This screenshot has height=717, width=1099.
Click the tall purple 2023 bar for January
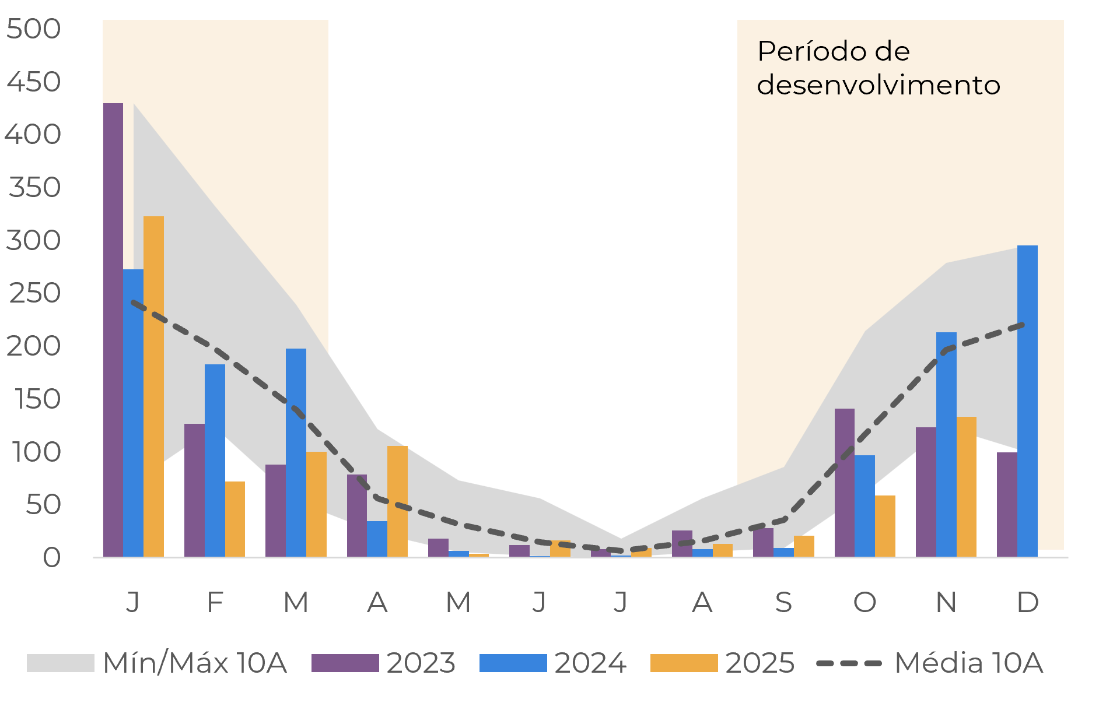[x=113, y=329]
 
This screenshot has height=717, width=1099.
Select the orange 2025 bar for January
[x=153, y=386]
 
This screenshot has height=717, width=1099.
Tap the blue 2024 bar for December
[x=1027, y=401]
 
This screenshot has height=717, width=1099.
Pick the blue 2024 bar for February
[x=215, y=461]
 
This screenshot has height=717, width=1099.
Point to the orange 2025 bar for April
[x=397, y=501]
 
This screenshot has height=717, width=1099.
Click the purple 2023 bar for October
[x=844, y=483]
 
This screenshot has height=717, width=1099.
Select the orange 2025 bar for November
[x=966, y=487]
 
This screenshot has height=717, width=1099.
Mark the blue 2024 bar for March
[x=296, y=452]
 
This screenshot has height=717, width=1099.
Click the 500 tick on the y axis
[x=34, y=29]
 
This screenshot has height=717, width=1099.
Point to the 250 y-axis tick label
[x=35, y=293]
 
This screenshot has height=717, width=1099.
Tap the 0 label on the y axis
[x=51, y=558]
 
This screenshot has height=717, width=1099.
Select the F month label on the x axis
[x=215, y=602]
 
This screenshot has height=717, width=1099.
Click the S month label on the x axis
[x=783, y=602]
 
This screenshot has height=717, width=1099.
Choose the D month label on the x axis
[x=1027, y=602]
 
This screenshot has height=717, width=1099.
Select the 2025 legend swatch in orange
[x=684, y=663]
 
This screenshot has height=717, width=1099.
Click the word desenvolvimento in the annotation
[x=878, y=85]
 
